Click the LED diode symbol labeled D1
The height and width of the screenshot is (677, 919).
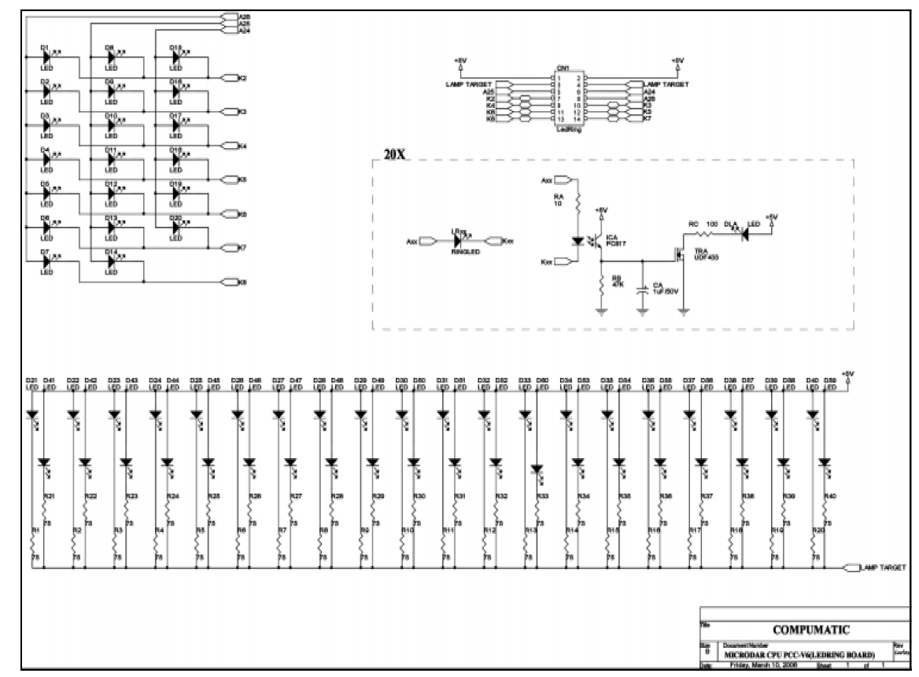tap(46, 57)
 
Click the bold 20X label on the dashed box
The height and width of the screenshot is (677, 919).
tap(394, 154)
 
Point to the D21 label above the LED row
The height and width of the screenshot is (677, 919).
tap(31, 381)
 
